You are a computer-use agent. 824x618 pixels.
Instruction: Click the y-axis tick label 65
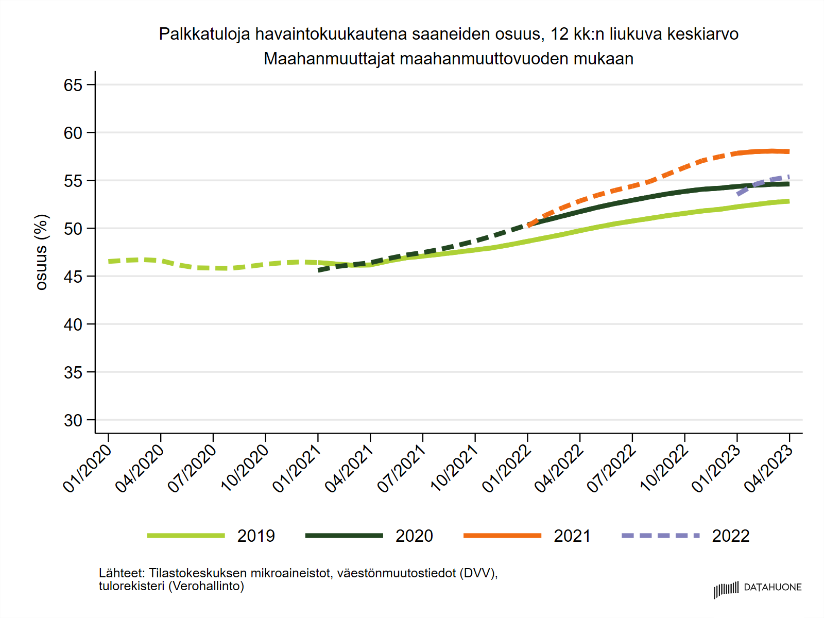73,85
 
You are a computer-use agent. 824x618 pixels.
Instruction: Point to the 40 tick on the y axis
73,324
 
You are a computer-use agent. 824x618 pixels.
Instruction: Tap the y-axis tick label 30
73,420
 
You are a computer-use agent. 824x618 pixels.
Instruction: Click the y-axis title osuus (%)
41,252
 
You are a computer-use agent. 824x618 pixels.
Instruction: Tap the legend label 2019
256,536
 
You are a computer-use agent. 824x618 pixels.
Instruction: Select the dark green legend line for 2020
344,536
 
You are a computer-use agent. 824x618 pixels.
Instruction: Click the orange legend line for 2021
502,536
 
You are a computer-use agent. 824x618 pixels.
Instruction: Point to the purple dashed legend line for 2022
661,536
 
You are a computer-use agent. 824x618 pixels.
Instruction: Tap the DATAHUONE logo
758,588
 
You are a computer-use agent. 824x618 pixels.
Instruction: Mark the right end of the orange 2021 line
788,151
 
